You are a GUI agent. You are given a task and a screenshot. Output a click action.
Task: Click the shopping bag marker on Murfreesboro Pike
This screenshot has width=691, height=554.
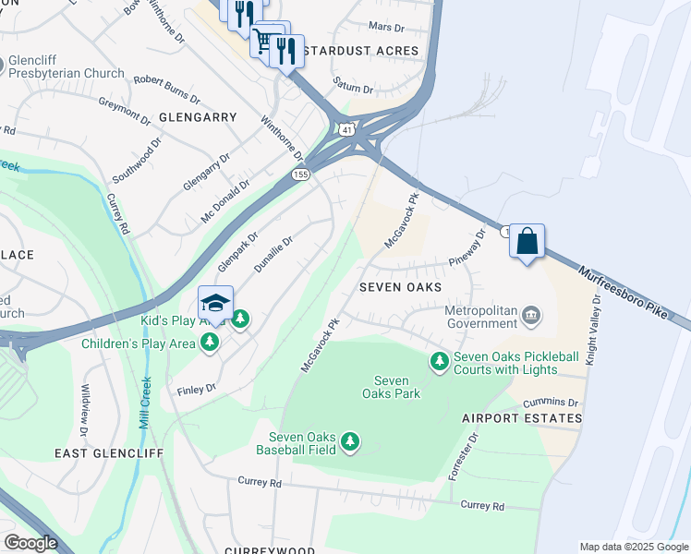click(x=527, y=242)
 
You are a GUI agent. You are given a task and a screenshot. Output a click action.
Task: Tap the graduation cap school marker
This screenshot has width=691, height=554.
click(x=215, y=304)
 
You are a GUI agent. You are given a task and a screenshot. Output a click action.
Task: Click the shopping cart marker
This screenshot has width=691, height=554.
click(x=265, y=40)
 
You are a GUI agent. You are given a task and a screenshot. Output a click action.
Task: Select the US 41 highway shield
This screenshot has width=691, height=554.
click(x=345, y=131)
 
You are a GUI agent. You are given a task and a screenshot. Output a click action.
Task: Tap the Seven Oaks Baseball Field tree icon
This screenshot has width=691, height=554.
click(x=349, y=443)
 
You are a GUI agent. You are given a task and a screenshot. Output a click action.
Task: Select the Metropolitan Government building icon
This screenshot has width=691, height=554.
click(x=531, y=316)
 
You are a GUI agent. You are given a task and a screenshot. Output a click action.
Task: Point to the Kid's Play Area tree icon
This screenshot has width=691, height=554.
click(x=240, y=319)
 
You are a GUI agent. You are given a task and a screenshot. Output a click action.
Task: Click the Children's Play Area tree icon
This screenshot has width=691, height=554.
click(x=211, y=343)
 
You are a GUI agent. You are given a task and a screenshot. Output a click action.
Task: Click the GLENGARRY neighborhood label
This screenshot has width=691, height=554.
click(x=198, y=117)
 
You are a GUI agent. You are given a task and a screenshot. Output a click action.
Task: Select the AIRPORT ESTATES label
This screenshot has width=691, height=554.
click(x=522, y=418)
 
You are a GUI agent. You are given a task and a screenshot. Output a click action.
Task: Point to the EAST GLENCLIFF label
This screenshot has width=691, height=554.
click(x=108, y=453)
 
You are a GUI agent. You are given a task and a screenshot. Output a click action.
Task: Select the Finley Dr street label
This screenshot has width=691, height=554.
click(x=196, y=390)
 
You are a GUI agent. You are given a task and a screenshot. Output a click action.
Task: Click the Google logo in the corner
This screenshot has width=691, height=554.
click(x=30, y=543)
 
